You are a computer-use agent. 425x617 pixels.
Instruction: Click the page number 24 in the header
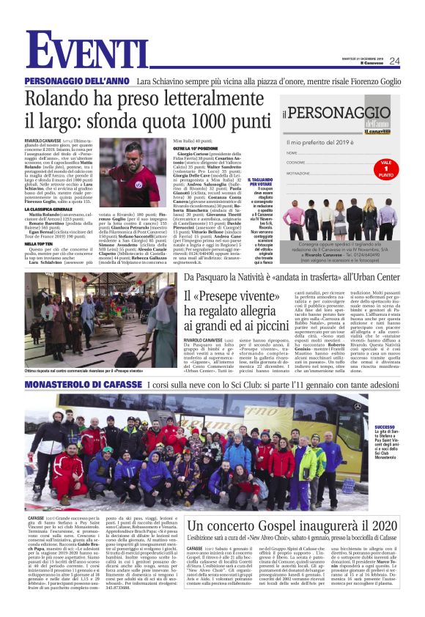395,61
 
